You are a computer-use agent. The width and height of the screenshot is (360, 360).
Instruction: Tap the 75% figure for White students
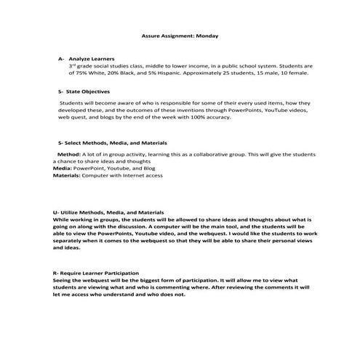pos(83,73)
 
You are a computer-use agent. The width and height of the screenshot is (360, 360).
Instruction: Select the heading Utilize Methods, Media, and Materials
pos(108,212)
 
